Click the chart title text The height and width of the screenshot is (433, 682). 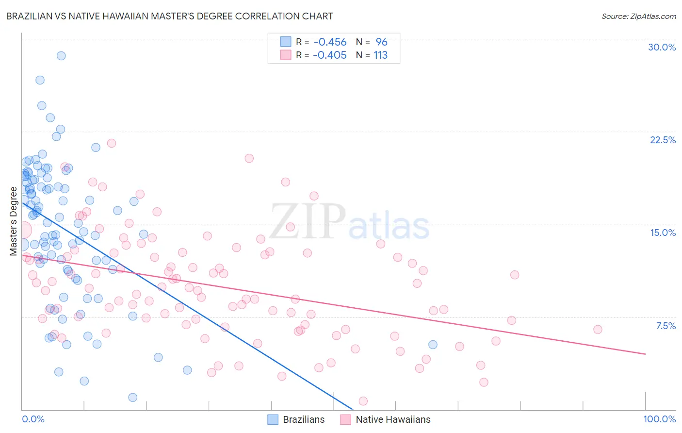(x=169, y=16)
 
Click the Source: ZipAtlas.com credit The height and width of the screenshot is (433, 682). (x=638, y=16)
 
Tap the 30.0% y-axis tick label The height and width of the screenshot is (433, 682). (x=662, y=47)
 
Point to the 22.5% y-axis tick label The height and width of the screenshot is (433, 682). (x=663, y=140)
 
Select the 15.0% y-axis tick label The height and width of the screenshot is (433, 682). (x=663, y=233)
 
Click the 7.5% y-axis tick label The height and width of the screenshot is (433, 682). (x=666, y=326)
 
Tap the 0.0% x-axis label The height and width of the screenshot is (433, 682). (x=33, y=419)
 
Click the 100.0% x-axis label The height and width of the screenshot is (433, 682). (x=659, y=419)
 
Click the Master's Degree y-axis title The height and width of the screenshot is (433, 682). (x=13, y=221)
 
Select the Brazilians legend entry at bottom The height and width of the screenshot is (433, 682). (x=296, y=419)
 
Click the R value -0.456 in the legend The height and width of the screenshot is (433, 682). (x=330, y=42)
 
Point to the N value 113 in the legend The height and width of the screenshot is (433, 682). (x=380, y=55)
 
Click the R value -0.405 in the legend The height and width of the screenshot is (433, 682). (x=330, y=55)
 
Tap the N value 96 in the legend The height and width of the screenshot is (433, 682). (x=381, y=42)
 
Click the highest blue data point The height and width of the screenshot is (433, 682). (x=61, y=56)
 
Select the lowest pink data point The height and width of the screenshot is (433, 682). (x=363, y=401)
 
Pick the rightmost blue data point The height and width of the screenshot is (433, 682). (x=433, y=345)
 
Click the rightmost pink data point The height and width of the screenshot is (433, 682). (x=598, y=330)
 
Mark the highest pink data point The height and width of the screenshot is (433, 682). (x=112, y=143)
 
